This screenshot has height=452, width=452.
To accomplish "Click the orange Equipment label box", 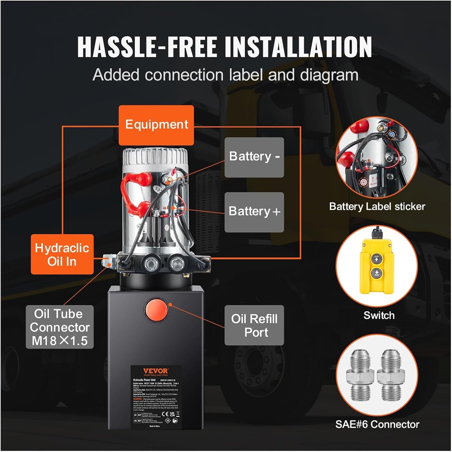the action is point(156,125).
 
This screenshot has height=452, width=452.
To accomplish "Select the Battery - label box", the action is point(254,157).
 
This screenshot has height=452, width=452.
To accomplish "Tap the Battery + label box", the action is point(254,212).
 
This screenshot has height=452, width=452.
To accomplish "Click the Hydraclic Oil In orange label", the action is point(62,254).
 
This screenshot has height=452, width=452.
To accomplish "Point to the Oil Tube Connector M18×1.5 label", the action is point(60,327).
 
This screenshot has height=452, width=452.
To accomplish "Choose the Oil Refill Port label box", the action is point(254,325).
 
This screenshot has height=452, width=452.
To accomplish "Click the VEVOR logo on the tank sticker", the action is point(155,371).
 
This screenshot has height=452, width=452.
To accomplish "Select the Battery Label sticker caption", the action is point(377,207).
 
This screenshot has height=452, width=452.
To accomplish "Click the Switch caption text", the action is point(379,315).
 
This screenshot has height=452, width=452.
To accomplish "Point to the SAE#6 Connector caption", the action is point(377,424).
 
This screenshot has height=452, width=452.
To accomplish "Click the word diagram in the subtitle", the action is point(329,75).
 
